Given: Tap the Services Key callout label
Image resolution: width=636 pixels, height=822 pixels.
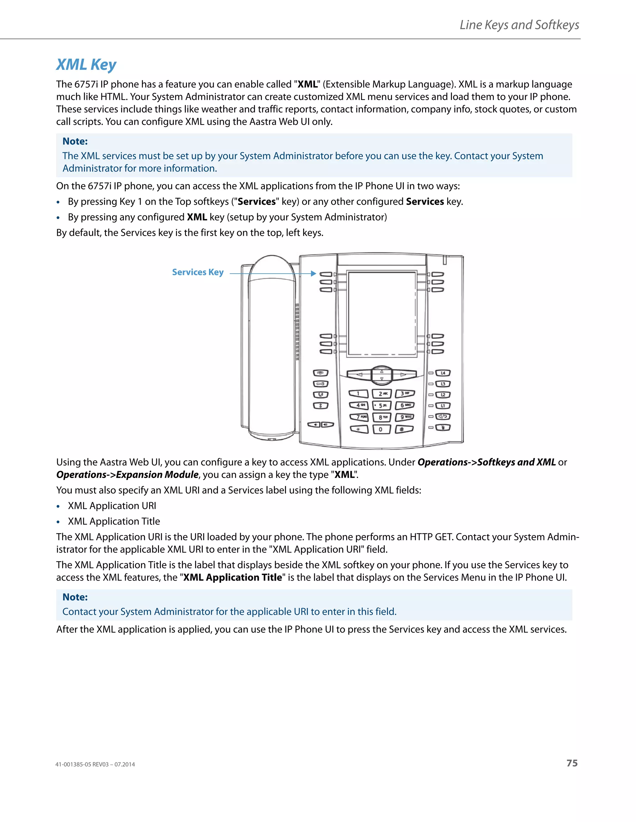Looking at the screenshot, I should [198, 272].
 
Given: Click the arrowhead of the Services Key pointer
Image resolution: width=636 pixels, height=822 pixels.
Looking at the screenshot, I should [313, 274].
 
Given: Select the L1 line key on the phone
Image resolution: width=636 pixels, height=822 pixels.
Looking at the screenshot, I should [443, 406].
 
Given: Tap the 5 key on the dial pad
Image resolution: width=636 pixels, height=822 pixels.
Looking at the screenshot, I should [382, 405].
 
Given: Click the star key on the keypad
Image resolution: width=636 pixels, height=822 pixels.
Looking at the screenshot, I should [359, 429].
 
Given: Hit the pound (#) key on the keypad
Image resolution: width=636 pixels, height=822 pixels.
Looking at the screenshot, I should [404, 429].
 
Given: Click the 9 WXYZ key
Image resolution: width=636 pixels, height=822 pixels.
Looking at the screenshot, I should [405, 417].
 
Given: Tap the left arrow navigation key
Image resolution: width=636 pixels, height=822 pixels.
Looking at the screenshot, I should [359, 374].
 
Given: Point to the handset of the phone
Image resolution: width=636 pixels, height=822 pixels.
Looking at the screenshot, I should [272, 346].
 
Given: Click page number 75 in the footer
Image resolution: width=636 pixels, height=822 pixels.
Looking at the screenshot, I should [572, 763].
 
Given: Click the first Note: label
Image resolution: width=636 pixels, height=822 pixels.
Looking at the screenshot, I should [75, 141].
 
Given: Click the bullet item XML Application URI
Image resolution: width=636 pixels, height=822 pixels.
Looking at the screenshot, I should [111, 506].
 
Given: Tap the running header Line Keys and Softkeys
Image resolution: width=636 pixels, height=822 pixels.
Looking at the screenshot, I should [519, 25].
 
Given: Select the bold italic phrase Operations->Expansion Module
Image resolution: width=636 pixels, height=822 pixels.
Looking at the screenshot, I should [127, 475].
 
